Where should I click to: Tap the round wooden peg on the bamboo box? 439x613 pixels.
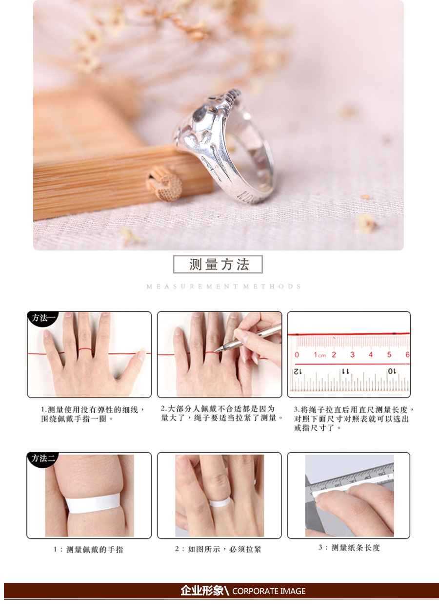164,183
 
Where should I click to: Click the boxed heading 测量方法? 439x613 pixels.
218,264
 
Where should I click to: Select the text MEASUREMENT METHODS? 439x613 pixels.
224,286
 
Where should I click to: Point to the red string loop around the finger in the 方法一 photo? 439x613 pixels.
84,349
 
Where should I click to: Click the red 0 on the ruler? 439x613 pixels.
297,355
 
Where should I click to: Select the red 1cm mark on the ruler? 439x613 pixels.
319,355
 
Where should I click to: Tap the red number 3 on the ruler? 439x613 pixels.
352,355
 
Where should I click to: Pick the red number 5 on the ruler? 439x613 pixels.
389,355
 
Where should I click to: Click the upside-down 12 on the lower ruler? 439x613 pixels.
298,371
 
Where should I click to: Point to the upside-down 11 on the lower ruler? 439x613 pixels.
346,371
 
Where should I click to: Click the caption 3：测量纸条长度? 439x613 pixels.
349,548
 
